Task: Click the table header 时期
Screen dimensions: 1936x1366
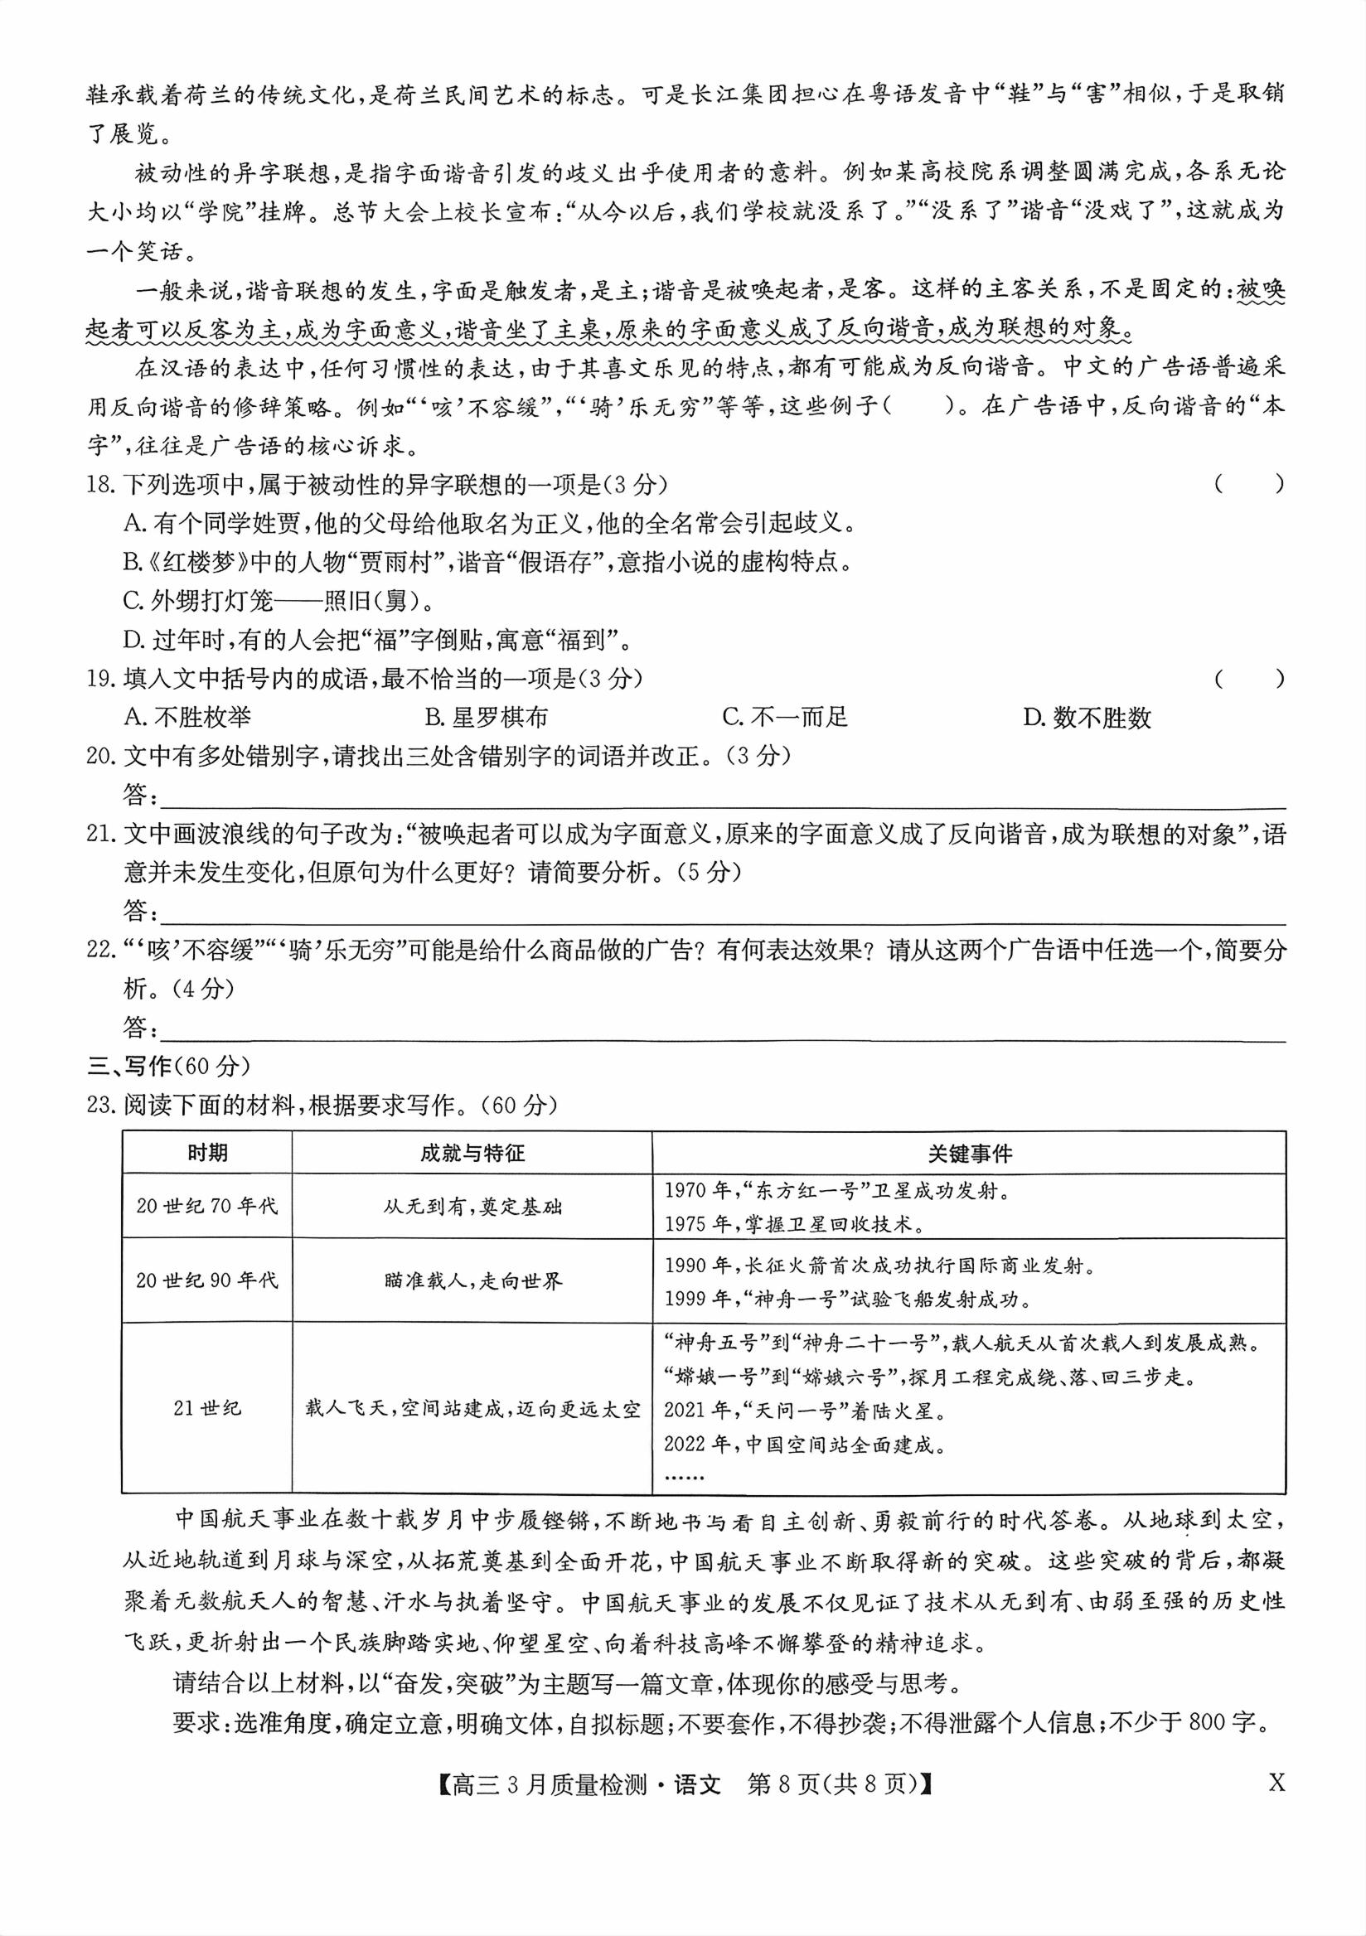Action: (206, 1153)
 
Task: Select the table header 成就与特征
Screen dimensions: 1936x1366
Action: (472, 1153)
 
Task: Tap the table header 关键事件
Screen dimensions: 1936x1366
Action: (969, 1154)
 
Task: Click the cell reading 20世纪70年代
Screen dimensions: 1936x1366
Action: (206, 1206)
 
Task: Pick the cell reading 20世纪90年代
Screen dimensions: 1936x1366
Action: (206, 1280)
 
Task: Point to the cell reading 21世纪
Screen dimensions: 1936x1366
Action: (206, 1408)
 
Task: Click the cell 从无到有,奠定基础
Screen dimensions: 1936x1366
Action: (472, 1207)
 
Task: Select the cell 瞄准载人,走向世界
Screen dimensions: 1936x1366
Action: (472, 1280)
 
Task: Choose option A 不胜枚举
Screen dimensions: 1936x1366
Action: (187, 718)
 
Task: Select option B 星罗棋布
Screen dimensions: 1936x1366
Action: (487, 718)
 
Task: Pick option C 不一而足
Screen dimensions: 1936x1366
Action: (785, 718)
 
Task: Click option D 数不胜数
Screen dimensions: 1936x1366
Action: (1087, 719)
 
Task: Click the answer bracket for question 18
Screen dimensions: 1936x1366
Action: (1250, 484)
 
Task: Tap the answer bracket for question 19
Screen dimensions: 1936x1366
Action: (1250, 679)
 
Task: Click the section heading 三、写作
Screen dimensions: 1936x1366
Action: (168, 1067)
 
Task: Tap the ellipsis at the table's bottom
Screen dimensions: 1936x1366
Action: (683, 1477)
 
